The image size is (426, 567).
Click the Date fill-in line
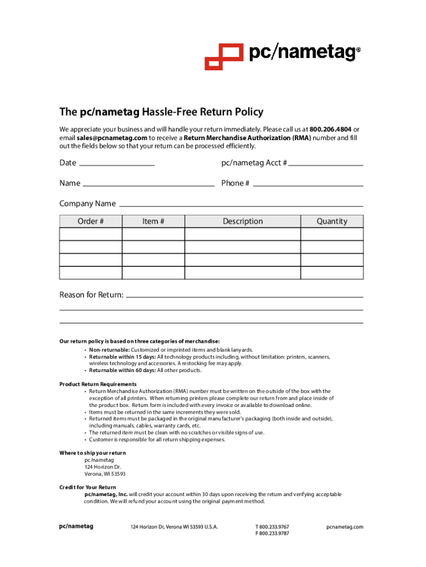coord(117,164)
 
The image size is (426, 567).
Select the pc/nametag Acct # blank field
coord(326,164)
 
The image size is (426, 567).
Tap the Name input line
coord(148,185)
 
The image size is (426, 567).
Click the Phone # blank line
coord(308,185)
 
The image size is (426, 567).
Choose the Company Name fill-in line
coord(241,205)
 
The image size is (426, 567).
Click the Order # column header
coord(91,221)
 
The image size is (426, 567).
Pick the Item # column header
coord(153,221)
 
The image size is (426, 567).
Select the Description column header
coord(242,221)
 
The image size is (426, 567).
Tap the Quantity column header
coord(332,221)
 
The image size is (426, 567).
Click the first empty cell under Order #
coord(91,234)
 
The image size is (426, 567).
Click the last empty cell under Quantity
coord(332,273)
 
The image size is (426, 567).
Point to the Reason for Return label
coord(91,295)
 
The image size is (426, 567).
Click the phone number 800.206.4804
coord(330,129)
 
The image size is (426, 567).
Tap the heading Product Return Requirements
coord(98,384)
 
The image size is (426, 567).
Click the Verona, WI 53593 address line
coord(105,474)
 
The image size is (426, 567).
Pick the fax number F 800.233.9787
coord(272,534)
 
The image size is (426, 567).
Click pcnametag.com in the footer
coord(345,527)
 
